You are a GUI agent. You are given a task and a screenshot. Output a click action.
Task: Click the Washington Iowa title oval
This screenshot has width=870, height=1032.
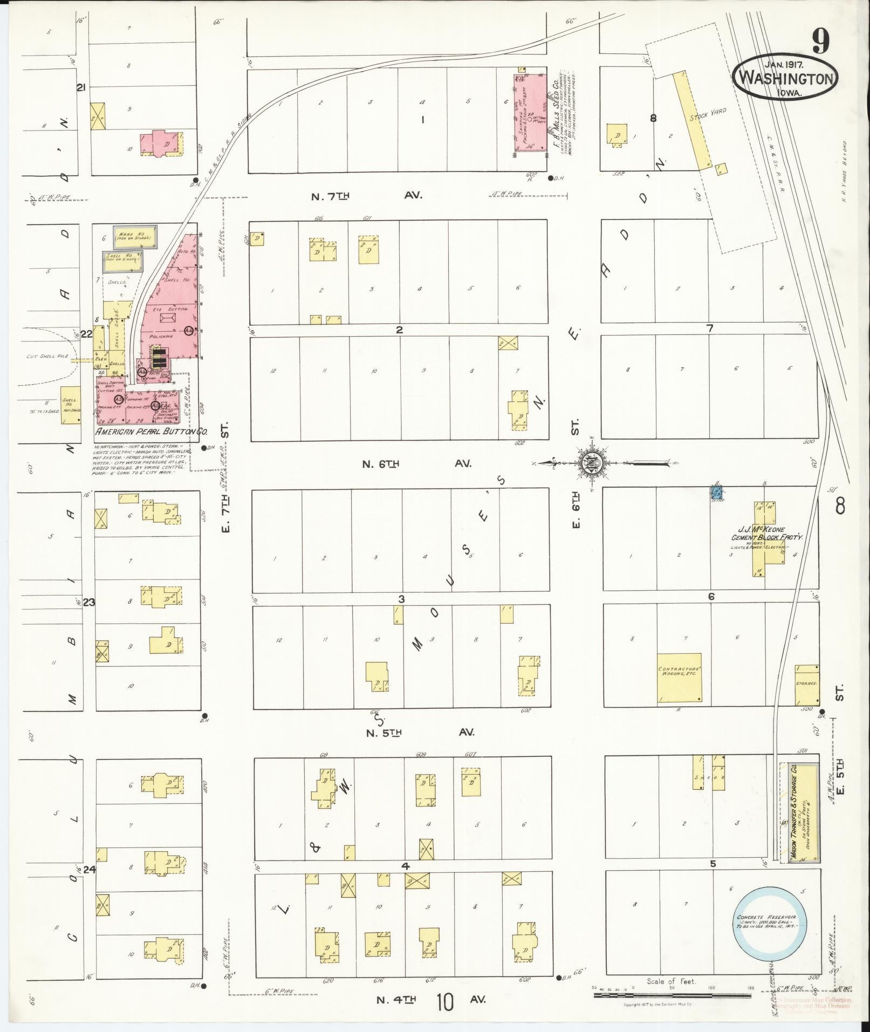click(x=786, y=79)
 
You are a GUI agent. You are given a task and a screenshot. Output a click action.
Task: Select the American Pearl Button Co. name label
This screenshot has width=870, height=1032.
click(x=152, y=432)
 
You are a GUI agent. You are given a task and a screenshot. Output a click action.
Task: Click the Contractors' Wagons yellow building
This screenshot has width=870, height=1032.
click(x=680, y=677)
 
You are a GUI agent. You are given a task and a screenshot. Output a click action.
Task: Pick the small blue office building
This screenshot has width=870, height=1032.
click(x=717, y=493)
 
